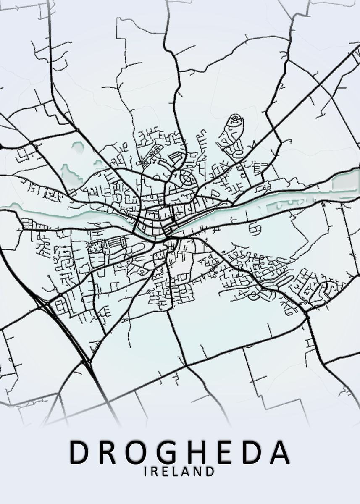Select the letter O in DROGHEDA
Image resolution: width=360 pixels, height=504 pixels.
[137, 452]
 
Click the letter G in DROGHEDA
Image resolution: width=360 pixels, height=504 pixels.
[169, 452]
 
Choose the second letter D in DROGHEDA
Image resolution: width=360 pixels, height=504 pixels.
[254, 452]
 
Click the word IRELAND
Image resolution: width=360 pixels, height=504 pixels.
[179, 472]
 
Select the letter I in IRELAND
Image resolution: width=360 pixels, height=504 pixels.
[146, 472]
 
